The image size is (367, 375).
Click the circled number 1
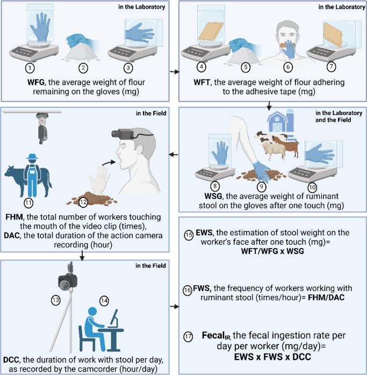click(30, 68)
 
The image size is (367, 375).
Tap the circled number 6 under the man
click(288, 67)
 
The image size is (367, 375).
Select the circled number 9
click(261, 187)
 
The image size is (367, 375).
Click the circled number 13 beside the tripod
click(56, 300)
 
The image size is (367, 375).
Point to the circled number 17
click(188, 337)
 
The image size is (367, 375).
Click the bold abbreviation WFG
click(36, 82)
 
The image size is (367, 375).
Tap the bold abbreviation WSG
click(213, 196)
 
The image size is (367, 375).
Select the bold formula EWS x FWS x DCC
click(272, 357)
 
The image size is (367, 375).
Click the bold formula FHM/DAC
click(326, 298)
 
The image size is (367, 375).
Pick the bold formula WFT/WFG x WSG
click(272, 251)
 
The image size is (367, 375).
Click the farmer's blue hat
click(32, 156)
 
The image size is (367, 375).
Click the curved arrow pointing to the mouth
click(109, 163)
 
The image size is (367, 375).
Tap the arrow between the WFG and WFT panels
click(175, 71)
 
